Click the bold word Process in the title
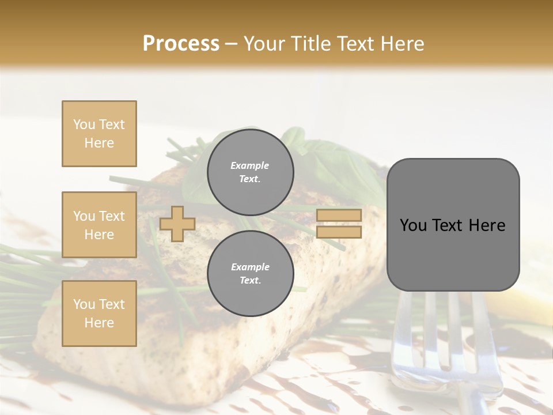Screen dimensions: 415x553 (x=181, y=44)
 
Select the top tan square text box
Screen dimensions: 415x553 (x=99, y=134)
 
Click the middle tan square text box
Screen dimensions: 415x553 (x=99, y=225)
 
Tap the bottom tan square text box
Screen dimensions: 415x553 (x=99, y=313)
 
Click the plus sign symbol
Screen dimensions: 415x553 (x=177, y=224)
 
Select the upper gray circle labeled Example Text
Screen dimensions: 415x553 (x=250, y=172)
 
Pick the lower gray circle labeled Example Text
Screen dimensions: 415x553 (x=250, y=274)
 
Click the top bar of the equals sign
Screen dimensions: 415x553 (x=339, y=215)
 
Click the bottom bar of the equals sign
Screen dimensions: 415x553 (x=339, y=232)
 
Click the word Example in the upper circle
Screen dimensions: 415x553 (x=250, y=165)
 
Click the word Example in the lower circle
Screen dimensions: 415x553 (x=250, y=267)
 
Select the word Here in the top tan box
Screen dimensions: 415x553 (x=99, y=143)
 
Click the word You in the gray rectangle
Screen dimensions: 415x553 (x=413, y=225)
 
